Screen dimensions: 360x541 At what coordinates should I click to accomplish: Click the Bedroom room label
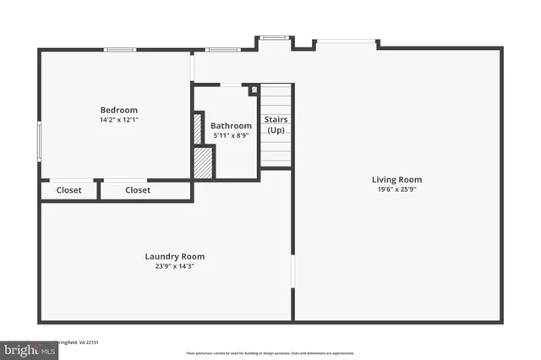coord(118,110)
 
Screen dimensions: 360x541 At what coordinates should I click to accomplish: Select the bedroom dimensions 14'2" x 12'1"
coord(118,120)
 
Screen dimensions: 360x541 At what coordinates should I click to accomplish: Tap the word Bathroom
coord(231,126)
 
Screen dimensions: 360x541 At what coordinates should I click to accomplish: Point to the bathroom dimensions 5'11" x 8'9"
coord(231,135)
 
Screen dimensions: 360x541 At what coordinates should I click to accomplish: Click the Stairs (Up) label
coord(276,125)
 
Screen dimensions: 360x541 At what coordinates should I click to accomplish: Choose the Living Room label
coord(396,179)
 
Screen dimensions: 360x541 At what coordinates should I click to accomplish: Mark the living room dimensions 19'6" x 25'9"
coord(396,189)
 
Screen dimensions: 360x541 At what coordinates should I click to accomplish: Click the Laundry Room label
coord(174,256)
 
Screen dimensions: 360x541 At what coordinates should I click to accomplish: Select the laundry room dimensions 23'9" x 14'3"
coord(174,266)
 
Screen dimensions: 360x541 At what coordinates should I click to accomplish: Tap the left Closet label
coord(69,190)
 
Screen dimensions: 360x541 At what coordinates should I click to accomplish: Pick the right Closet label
coord(138,190)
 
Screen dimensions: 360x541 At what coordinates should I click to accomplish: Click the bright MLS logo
coord(26,347)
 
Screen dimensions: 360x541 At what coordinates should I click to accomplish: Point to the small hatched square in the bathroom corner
coord(253,90)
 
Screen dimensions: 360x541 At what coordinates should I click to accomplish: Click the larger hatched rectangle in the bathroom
coord(203,162)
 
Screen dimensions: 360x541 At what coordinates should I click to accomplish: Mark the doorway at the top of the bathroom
coord(230,84)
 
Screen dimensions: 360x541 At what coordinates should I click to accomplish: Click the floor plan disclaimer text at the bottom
coord(270,352)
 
